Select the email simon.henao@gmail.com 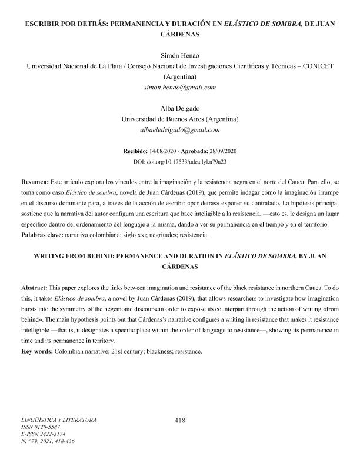(180, 87)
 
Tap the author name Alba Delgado (180, 109)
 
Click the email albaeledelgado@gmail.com (180, 130)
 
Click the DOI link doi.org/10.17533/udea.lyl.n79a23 (188, 161)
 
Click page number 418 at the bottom (180, 420)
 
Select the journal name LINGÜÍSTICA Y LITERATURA (58, 420)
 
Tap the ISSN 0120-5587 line (41, 427)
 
